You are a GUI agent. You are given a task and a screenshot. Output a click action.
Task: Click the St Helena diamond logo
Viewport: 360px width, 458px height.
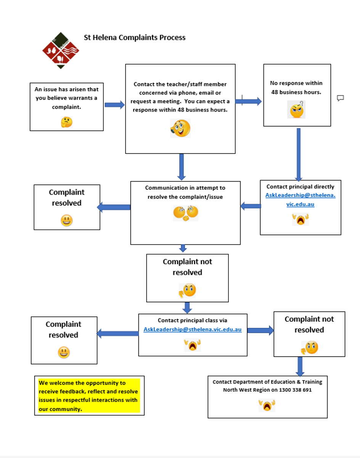pyautogui.click(x=61, y=50)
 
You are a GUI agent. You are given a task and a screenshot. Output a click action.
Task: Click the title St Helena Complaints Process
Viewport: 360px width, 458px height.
pyautogui.click(x=135, y=37)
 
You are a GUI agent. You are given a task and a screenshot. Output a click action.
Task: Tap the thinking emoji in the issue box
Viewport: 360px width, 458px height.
pyautogui.click(x=67, y=122)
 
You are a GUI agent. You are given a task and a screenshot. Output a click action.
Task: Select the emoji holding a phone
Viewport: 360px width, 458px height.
pyautogui.click(x=180, y=128)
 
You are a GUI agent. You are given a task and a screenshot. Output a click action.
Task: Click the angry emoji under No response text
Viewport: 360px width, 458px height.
pyautogui.click(x=296, y=110)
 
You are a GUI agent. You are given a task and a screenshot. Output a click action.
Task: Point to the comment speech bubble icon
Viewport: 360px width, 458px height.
pyautogui.click(x=340, y=98)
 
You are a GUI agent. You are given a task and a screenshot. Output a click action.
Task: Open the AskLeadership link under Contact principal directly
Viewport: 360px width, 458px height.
pyautogui.click(x=300, y=200)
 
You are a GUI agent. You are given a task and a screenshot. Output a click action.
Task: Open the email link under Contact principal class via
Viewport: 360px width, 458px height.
pyautogui.click(x=193, y=329)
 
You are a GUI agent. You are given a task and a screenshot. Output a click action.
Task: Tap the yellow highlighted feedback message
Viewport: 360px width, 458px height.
pyautogui.click(x=89, y=396)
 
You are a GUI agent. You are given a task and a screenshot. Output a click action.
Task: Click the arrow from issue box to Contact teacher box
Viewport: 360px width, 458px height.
pyautogui.click(x=115, y=105)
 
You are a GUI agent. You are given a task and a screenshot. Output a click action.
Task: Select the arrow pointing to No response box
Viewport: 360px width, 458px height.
pyautogui.click(x=248, y=101)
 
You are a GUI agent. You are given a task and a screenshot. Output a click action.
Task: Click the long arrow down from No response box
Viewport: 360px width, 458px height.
pyautogui.click(x=299, y=155)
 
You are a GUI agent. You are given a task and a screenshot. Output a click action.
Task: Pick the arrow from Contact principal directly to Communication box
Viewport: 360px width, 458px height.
pyautogui.click(x=251, y=206)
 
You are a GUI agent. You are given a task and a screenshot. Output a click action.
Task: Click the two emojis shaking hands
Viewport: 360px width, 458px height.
pyautogui.click(x=186, y=213)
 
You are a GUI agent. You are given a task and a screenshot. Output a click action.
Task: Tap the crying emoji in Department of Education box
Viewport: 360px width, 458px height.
pyautogui.click(x=267, y=405)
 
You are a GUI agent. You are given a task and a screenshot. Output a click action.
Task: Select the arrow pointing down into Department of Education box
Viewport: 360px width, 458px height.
pyautogui.click(x=300, y=366)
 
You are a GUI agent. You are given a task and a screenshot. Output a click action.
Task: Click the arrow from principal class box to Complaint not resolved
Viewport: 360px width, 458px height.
pyautogui.click(x=261, y=330)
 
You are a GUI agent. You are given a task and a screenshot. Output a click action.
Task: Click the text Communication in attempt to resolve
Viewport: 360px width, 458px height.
pyautogui.click(x=185, y=192)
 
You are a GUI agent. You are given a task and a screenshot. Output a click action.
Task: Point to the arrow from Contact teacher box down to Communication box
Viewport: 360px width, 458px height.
pyautogui.click(x=182, y=167)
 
